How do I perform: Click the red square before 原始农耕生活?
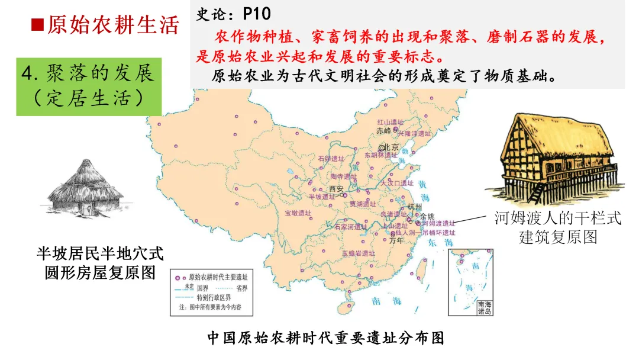tap(37, 25)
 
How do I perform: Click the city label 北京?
tap(391, 147)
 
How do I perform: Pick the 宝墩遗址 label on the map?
tap(298, 213)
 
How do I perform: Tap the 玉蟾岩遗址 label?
tap(358, 253)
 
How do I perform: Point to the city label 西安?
tap(336, 189)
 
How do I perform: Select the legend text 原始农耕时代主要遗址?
tap(217, 277)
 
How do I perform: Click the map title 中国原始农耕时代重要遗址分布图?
tap(325, 338)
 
